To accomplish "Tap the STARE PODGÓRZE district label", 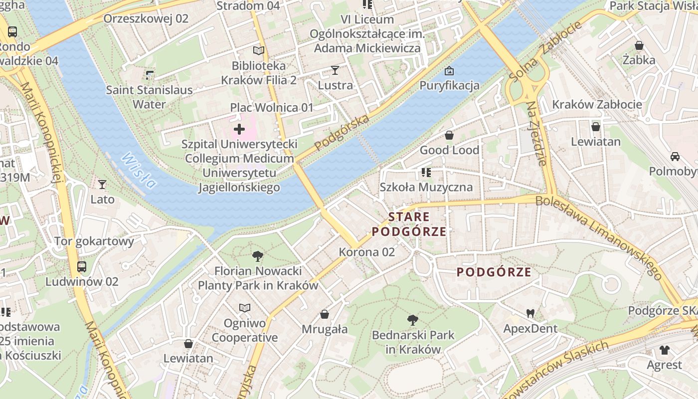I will [x=409, y=224].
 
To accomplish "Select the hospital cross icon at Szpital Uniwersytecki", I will [x=239, y=130].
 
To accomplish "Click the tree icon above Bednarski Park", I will [x=412, y=320].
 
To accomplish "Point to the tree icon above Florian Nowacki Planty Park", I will [x=258, y=257].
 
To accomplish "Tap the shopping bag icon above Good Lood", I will [x=449, y=135].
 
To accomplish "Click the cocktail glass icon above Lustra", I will [x=335, y=70].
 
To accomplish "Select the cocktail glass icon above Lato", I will [x=102, y=185].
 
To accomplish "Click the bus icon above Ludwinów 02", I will [x=82, y=267].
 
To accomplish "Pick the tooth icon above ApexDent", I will [x=530, y=314].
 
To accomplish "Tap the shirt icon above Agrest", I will [x=664, y=350].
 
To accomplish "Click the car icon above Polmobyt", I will [x=675, y=157].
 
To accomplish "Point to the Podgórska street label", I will [x=342, y=133].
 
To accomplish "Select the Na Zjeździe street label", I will [x=537, y=134].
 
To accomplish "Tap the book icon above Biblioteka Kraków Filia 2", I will [x=258, y=50].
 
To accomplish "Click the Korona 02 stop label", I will [x=367, y=252].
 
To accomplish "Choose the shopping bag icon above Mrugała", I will [x=325, y=314].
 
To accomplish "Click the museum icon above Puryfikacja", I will [x=449, y=71].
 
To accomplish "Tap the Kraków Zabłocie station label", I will [x=597, y=105].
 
